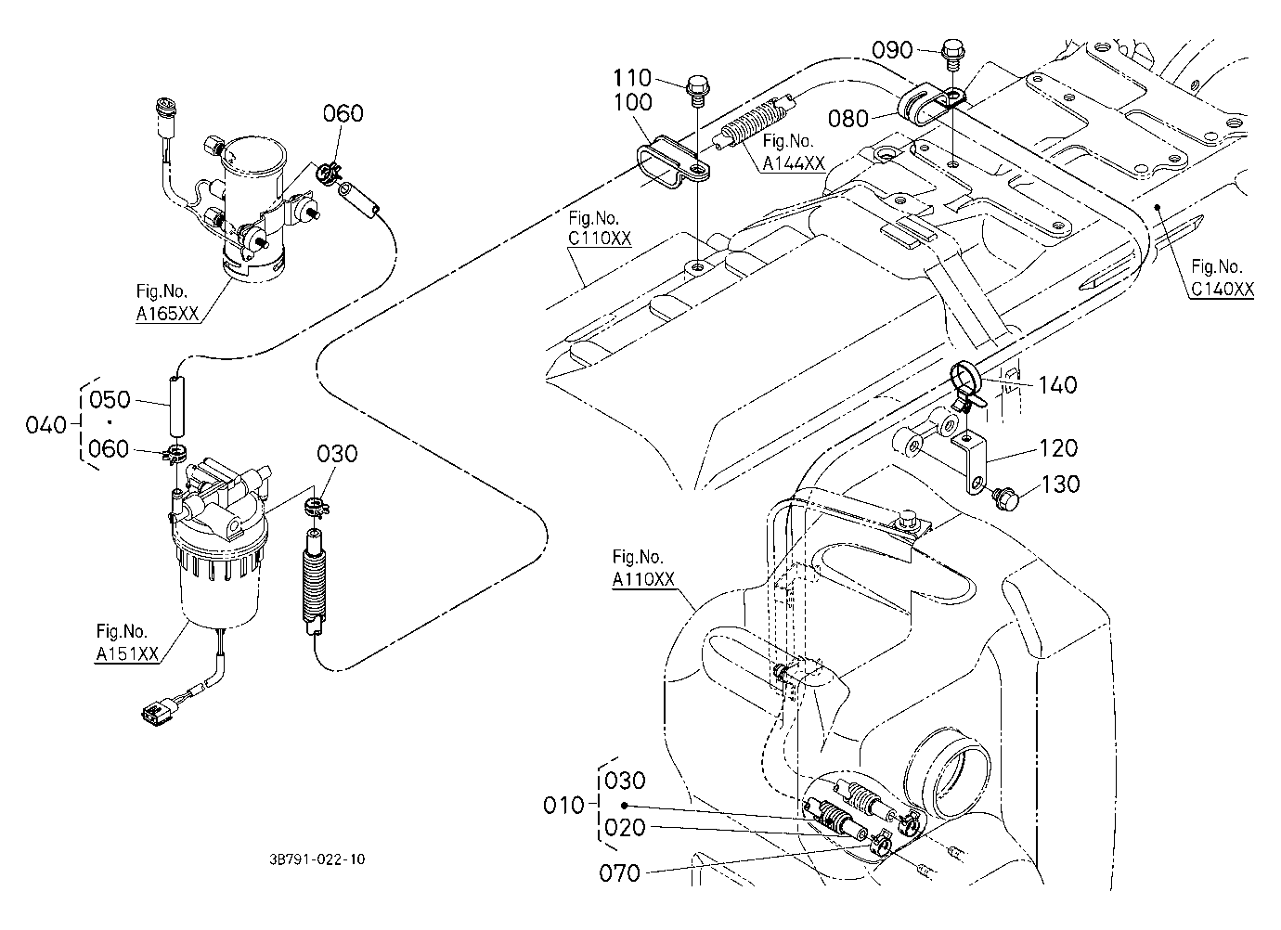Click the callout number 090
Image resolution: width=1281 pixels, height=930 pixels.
(x=892, y=50)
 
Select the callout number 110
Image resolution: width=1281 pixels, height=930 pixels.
(x=632, y=77)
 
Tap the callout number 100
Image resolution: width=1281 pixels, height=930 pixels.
(x=632, y=102)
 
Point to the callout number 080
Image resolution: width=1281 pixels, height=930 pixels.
(x=848, y=119)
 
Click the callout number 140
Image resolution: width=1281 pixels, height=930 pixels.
(x=1057, y=385)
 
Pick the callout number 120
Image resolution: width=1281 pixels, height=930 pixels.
(x=1058, y=448)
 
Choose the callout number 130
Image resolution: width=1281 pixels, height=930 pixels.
(x=1060, y=484)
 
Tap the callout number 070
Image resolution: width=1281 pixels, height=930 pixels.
(x=619, y=873)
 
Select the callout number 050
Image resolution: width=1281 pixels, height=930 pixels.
(x=110, y=399)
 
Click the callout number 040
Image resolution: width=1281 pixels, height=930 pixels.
(x=46, y=425)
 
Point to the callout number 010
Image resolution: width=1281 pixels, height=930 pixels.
(x=563, y=806)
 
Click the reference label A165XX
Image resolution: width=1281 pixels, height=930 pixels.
(x=167, y=314)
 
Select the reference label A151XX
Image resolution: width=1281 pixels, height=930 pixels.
(x=126, y=653)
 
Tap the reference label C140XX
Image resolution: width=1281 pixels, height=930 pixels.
(x=1223, y=289)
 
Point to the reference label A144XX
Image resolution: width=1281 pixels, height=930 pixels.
(x=794, y=163)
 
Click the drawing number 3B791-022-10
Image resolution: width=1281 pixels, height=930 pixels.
(x=317, y=859)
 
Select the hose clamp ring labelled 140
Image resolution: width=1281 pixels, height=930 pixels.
(x=966, y=378)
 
